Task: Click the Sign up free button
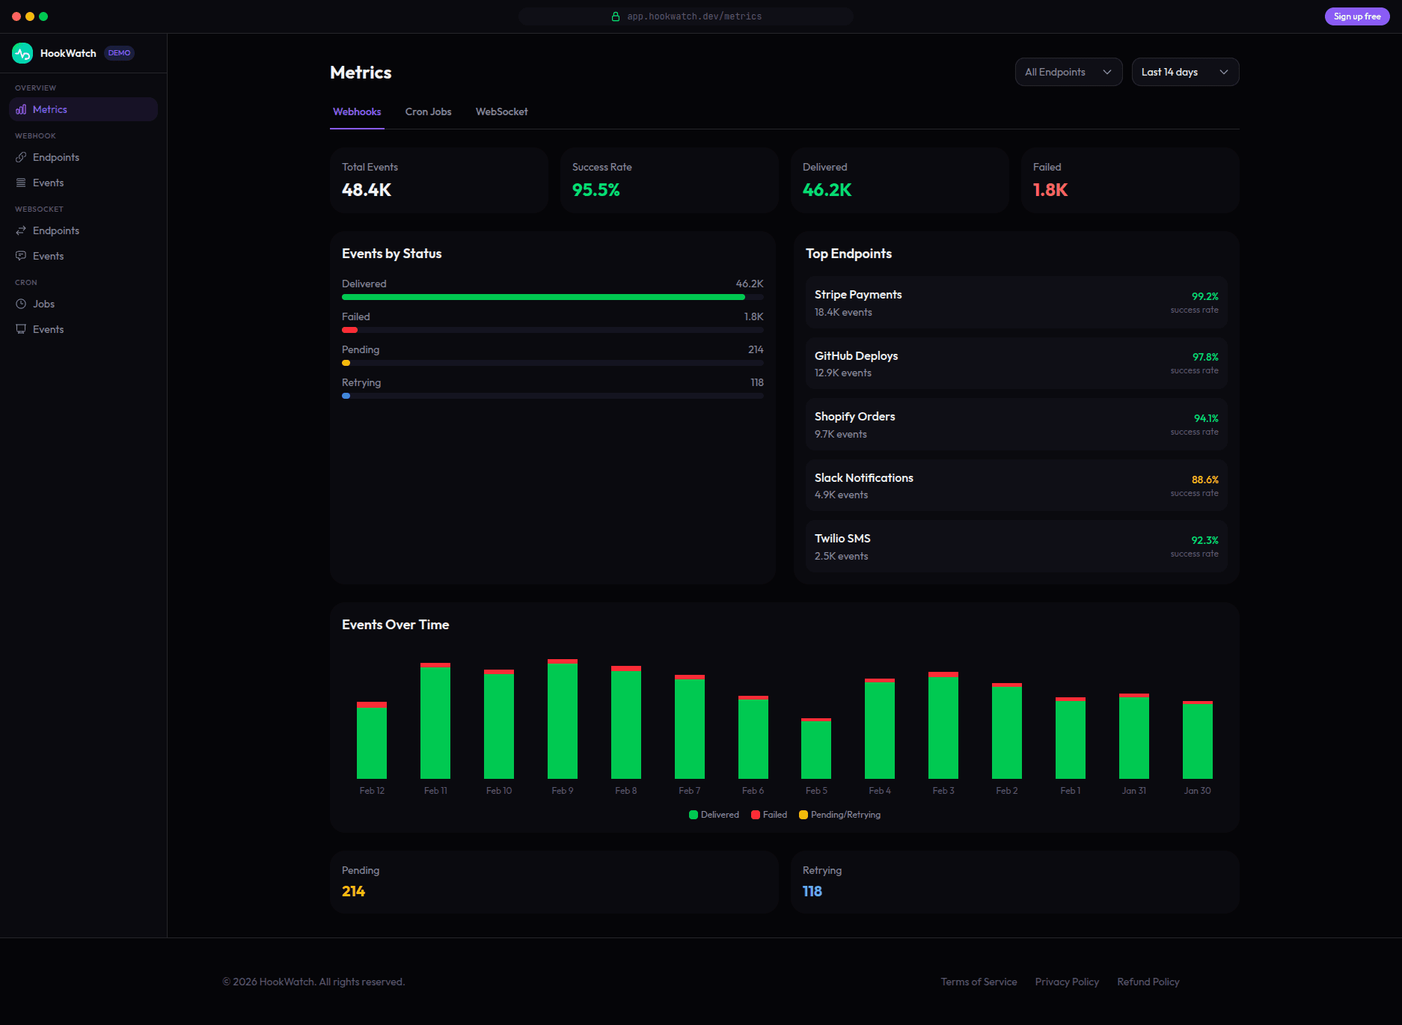tap(1356, 16)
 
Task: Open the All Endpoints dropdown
tap(1068, 72)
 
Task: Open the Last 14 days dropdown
tap(1184, 72)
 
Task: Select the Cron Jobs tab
tap(428, 111)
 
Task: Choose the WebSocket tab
tap(501, 111)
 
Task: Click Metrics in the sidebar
tap(50, 109)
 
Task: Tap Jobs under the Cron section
tap(43, 304)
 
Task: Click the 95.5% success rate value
tap(596, 190)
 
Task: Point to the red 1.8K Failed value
tap(1050, 190)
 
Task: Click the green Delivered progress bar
tap(542, 297)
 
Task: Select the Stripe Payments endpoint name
tap(857, 295)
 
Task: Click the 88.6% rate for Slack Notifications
tap(1204, 480)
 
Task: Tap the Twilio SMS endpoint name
tap(842, 539)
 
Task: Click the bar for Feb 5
tap(815, 749)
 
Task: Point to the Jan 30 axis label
tap(1197, 791)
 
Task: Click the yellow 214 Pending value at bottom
tap(353, 891)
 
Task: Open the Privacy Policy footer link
tap(1066, 982)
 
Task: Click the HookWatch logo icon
tap(22, 53)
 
